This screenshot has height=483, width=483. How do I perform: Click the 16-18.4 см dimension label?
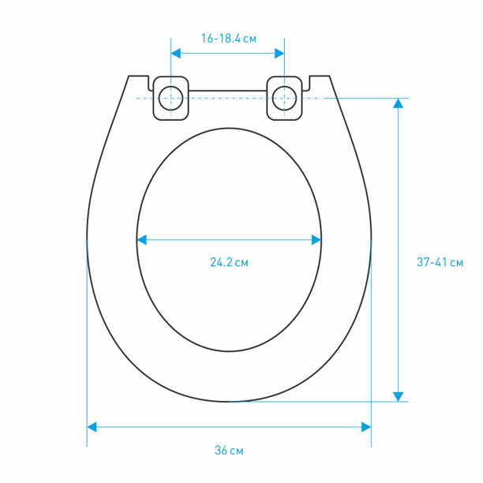[x=229, y=39]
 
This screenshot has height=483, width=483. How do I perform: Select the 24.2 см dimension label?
[x=229, y=263]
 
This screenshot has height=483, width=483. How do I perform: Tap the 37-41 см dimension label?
[x=440, y=262]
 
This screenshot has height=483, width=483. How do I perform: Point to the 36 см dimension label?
[x=229, y=451]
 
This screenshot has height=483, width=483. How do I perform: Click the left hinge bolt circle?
[x=171, y=99]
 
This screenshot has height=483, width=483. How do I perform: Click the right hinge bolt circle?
[x=284, y=99]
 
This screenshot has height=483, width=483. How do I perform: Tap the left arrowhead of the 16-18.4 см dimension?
[x=175, y=54]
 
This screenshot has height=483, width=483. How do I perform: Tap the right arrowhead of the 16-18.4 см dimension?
[x=279, y=54]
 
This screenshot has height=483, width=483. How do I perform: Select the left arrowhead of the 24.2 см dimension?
[x=142, y=240]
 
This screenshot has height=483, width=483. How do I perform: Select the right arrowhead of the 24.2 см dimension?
[x=316, y=240]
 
